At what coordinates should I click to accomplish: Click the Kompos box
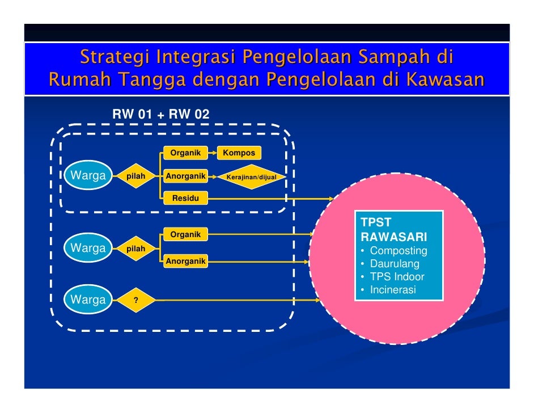[x=239, y=153]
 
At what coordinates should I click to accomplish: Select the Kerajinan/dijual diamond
[x=251, y=177]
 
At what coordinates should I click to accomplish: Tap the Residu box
[x=185, y=198]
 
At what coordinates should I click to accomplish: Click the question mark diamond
[x=135, y=300]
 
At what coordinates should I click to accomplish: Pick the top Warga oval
[x=88, y=176]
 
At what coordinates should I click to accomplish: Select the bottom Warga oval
[x=88, y=300]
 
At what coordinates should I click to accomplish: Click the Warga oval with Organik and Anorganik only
[x=88, y=248]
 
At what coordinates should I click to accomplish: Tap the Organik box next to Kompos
[x=185, y=153]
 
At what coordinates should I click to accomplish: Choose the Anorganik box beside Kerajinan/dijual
[x=185, y=176]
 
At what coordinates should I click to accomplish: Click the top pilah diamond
[x=135, y=176]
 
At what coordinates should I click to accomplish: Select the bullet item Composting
[x=398, y=251]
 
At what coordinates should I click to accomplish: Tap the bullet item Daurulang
[x=395, y=264]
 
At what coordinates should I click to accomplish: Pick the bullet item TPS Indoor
[x=397, y=277]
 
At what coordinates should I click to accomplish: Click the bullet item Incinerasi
[x=392, y=290]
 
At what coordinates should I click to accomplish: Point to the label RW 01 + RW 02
[x=160, y=115]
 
